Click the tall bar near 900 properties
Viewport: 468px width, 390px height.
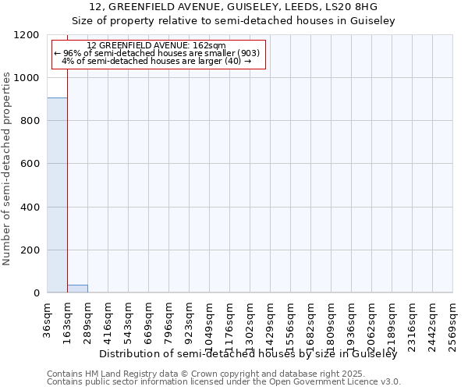[57, 195]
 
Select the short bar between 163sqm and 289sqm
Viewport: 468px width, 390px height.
[77, 289]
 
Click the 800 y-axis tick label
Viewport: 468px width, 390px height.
[32, 121]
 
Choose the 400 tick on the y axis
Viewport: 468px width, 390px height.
[32, 207]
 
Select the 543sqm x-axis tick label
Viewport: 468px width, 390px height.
[129, 321]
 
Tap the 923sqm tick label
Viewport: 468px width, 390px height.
[190, 321]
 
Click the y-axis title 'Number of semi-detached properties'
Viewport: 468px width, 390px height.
[7, 165]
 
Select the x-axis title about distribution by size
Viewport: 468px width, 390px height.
[249, 354]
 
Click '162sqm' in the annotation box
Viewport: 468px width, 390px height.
[209, 46]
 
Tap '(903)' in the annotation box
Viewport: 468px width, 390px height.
[243, 53]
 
